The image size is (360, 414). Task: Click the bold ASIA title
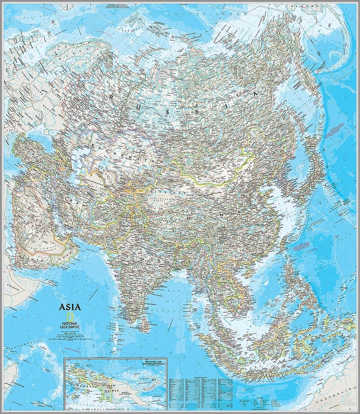70,307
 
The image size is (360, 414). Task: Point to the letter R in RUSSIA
112,97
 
